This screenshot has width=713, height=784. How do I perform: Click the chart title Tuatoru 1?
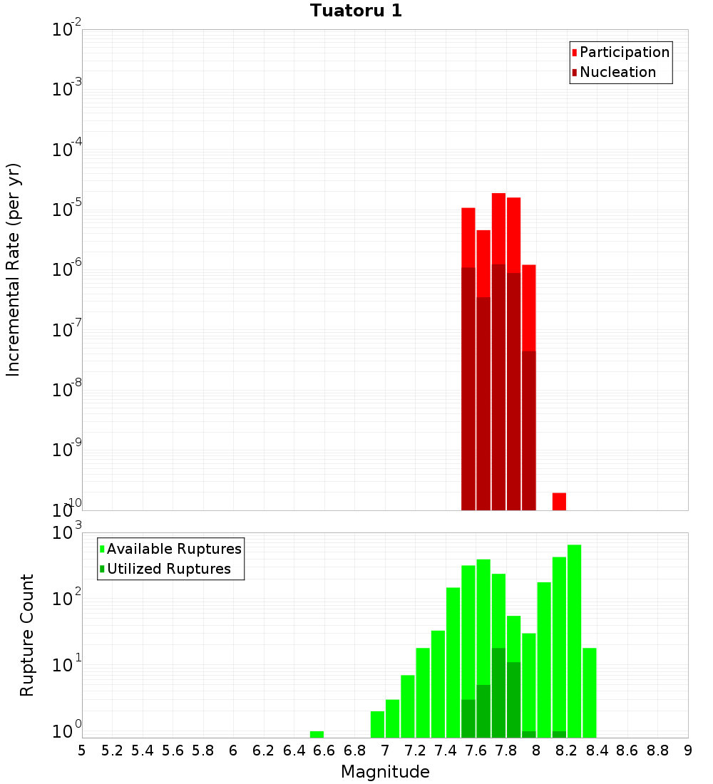point(356,11)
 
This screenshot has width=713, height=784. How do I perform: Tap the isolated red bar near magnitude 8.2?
point(559,501)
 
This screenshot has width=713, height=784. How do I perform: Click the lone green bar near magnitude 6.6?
point(317,734)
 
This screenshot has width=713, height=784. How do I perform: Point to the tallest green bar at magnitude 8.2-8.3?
point(574,641)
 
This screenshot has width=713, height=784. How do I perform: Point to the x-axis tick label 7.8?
point(506,751)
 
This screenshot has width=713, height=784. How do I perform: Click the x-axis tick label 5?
point(82,751)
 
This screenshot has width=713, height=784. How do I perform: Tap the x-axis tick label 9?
point(688,751)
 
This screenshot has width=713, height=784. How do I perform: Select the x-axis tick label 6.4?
point(294,751)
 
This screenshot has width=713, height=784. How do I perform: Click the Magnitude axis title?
point(385,772)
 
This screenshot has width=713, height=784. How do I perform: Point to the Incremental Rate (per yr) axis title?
point(14,270)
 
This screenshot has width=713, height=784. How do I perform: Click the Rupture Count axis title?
point(27,635)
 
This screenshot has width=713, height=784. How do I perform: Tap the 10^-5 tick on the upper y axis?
point(67,211)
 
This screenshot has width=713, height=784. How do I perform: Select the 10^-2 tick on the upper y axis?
point(67,31)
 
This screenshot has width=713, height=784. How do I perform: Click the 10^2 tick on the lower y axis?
point(67,597)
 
